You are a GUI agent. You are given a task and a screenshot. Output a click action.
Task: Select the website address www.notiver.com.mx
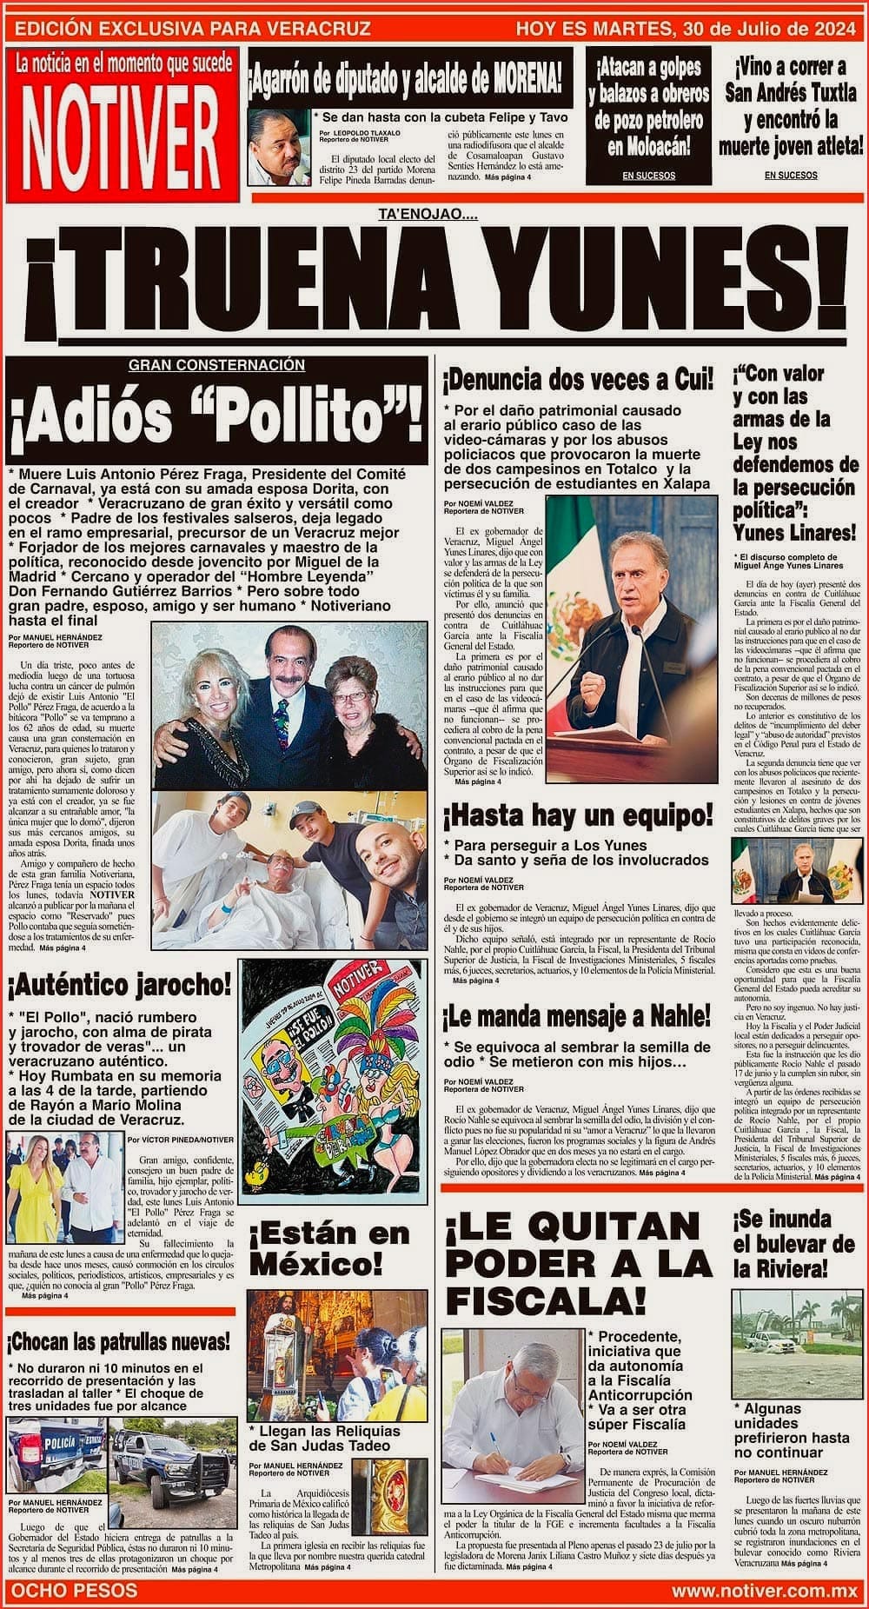click(x=764, y=1590)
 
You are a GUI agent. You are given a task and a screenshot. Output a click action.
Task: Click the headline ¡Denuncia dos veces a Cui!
click(x=578, y=379)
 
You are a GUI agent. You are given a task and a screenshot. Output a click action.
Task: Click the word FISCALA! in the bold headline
click(x=546, y=1301)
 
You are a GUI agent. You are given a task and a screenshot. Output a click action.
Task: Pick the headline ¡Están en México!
click(x=329, y=1246)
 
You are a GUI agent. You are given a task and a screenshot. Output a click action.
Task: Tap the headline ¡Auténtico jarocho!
click(x=119, y=985)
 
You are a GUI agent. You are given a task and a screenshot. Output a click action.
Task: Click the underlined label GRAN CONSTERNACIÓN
click(x=216, y=366)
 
